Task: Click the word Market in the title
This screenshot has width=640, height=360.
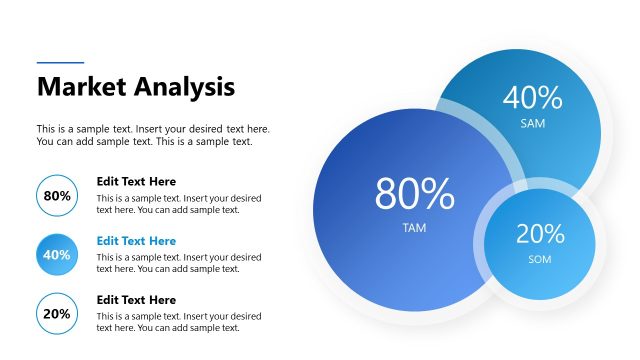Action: [79, 87]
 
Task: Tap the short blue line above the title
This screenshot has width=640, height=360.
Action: [60, 63]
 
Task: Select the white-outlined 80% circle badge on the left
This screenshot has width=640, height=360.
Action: [57, 196]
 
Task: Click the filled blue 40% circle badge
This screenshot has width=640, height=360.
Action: [57, 255]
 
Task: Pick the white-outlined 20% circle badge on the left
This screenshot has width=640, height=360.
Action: [57, 314]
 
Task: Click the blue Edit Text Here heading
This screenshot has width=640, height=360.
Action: [136, 241]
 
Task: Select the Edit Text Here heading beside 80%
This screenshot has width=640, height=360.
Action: [136, 182]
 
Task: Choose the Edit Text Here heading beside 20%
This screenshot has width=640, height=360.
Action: [136, 300]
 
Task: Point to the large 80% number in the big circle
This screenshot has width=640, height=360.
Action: [414, 194]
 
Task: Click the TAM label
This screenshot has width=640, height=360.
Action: [414, 228]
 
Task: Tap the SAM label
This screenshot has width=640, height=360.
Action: [533, 124]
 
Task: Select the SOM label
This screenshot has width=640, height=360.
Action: [539, 260]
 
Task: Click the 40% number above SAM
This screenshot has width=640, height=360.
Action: [533, 97]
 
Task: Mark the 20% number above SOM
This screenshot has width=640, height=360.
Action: [540, 234]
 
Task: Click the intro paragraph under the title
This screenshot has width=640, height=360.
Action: [153, 135]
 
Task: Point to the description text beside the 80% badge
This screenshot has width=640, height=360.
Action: [179, 204]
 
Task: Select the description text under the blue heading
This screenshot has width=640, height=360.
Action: [179, 263]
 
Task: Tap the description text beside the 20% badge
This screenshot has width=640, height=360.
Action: [179, 322]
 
